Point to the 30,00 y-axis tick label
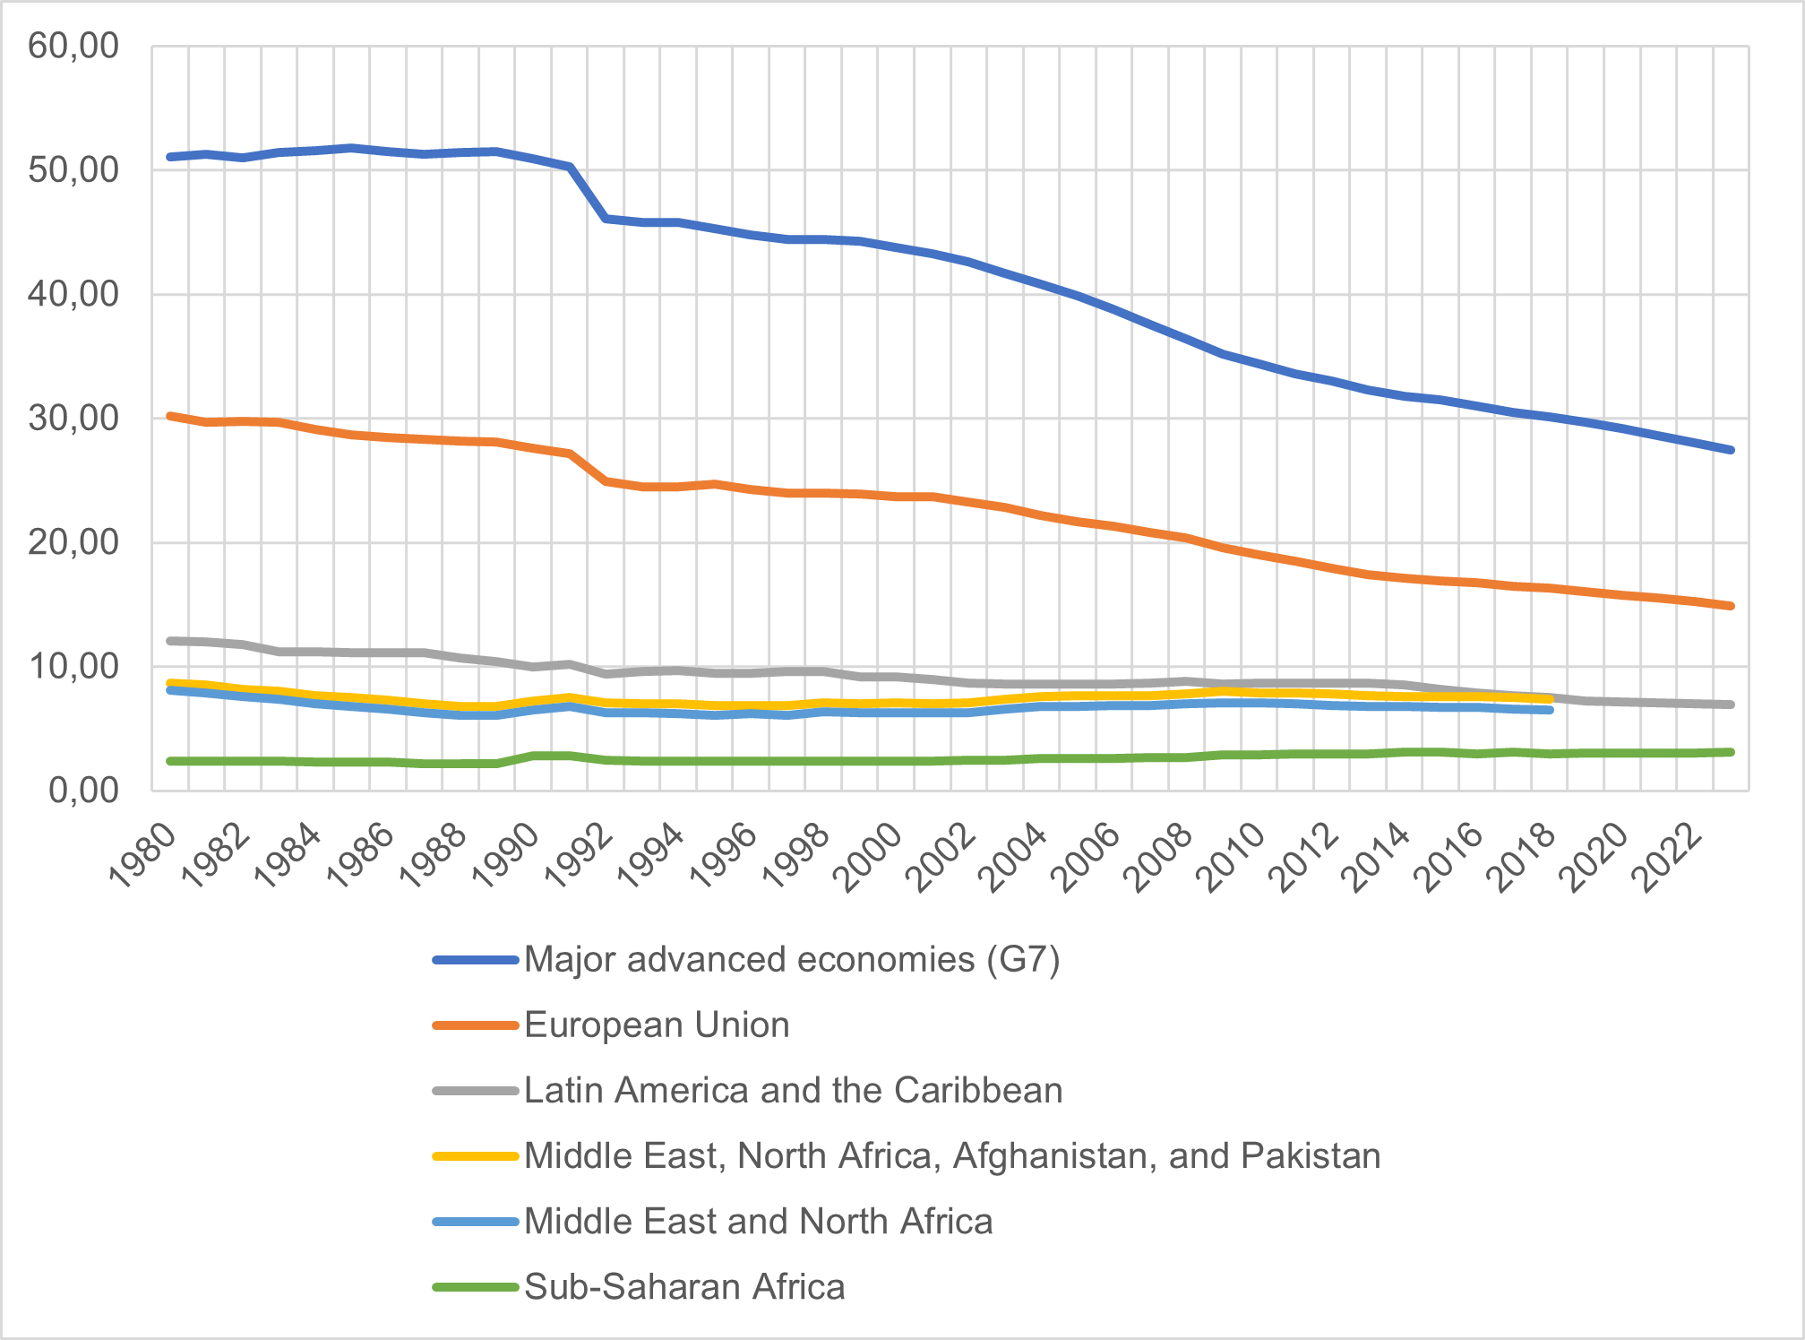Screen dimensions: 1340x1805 pos(73,418)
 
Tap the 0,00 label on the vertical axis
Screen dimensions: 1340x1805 pos(83,791)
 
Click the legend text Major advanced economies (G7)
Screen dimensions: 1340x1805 pos(792,959)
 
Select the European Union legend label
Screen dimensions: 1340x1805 pos(657,1024)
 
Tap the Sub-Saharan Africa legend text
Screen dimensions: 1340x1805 pos(684,1286)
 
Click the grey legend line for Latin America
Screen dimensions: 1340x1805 pos(476,1091)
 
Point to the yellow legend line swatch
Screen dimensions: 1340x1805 pos(476,1156)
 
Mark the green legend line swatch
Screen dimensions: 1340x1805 pos(476,1287)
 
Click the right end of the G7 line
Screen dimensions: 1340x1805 pos(1731,450)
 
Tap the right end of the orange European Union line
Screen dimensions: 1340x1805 pos(1731,606)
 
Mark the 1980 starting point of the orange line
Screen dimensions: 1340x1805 pos(170,416)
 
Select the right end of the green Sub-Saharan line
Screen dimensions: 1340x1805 pos(1731,752)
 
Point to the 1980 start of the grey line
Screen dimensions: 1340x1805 pos(170,641)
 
